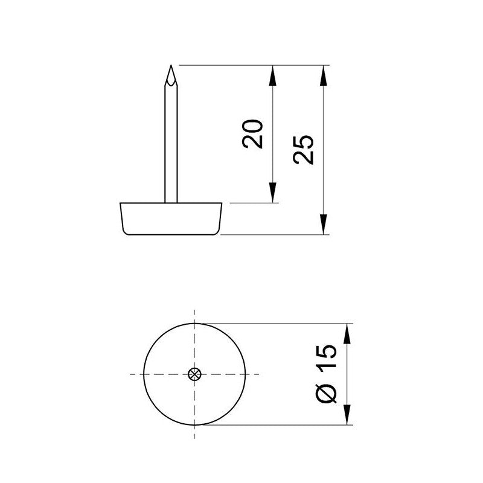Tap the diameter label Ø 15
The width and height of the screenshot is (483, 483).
pyautogui.click(x=326, y=374)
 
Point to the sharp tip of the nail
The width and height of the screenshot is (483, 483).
pyautogui.click(x=171, y=66)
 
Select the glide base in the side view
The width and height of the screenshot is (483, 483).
pyautogui.click(x=171, y=219)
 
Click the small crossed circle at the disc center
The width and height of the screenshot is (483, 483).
pyautogui.click(x=194, y=374)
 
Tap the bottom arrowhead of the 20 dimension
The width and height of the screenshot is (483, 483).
pyautogui.click(x=273, y=194)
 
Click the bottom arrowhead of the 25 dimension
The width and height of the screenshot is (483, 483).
pyautogui.click(x=324, y=226)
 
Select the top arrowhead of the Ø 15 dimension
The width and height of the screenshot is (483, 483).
pyautogui.click(x=348, y=333)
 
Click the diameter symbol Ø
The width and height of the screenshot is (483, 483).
pyautogui.click(x=326, y=393)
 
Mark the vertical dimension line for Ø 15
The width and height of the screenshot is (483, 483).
pyautogui.click(x=348, y=374)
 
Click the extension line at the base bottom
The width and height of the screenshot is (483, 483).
pyautogui.click(x=272, y=235)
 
